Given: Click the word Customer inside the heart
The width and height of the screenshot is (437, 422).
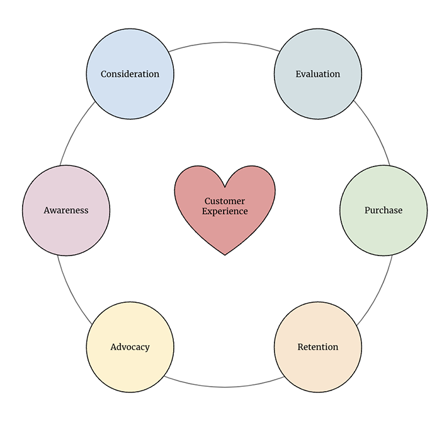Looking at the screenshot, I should point(225,201).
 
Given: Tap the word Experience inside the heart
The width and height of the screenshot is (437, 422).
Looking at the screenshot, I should point(225,211).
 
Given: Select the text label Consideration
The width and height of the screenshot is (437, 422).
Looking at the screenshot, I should point(130,74).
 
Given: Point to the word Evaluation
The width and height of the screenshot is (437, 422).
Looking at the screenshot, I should point(318,74).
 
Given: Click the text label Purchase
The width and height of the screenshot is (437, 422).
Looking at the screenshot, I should point(383,210).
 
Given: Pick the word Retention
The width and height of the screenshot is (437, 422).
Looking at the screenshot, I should point(318,347).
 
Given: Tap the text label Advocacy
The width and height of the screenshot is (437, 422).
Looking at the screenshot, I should point(130,347).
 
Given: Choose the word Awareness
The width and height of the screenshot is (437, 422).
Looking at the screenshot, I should point(65,210).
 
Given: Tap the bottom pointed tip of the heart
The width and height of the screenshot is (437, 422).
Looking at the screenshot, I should point(225,254).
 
